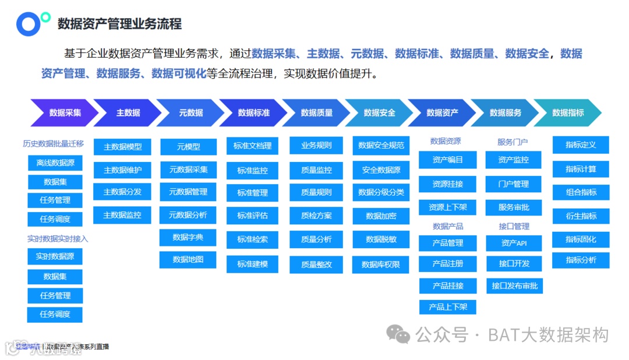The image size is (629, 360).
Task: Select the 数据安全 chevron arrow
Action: (379, 113)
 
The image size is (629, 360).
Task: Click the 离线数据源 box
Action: (55, 163)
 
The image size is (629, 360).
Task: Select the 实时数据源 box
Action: (55, 256)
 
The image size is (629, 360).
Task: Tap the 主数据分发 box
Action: (122, 192)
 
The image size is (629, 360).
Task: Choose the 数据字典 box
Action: (188, 238)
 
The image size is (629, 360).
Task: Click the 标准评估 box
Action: (253, 216)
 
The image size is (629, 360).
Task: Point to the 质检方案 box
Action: (317, 216)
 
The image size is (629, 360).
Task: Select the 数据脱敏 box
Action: (381, 239)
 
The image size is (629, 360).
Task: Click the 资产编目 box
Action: (448, 160)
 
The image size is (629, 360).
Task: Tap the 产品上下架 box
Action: (448, 307)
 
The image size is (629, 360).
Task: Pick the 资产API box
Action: (514, 243)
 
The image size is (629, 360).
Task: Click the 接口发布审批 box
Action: (514, 286)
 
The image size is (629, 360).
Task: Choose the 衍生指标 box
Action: (581, 216)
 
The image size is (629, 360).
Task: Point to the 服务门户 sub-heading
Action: (513, 142)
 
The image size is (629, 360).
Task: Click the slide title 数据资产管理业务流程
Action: (119, 24)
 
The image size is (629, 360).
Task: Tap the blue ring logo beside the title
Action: (28, 24)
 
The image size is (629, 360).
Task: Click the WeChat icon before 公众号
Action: (400, 334)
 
